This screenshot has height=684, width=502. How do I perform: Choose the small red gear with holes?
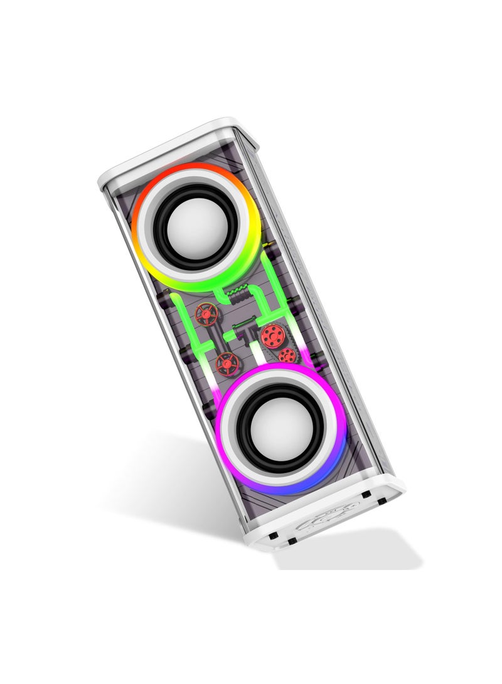click(x=287, y=355)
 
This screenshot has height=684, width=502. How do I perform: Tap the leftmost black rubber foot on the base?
click(x=274, y=535)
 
